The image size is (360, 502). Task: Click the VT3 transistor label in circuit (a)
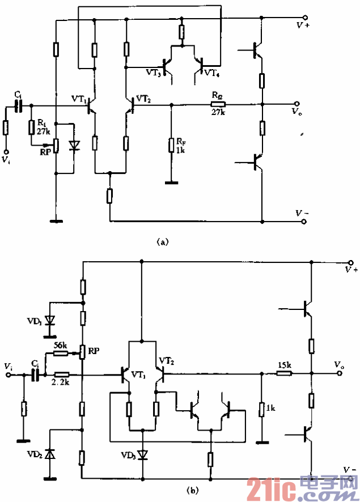153,73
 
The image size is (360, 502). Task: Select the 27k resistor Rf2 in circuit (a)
217,104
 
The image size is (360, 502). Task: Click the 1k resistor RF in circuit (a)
170,146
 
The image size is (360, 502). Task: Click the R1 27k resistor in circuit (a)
31,127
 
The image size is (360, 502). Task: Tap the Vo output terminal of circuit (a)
304,104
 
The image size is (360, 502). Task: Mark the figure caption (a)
162,242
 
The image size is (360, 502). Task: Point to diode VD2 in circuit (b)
50,453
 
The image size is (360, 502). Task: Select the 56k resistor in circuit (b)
61,354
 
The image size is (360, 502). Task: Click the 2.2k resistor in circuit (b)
62,375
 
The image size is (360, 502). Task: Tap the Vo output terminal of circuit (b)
351,374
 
